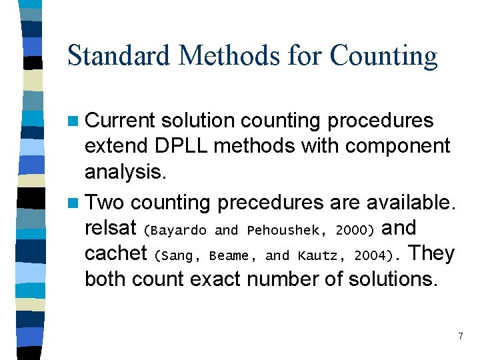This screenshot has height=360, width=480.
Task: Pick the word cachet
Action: (x=116, y=253)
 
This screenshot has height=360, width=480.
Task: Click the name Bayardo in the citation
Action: (x=178, y=230)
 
